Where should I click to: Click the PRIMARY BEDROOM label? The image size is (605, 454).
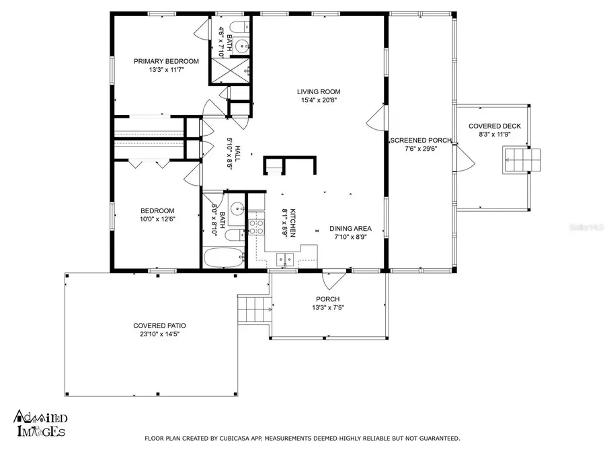159,61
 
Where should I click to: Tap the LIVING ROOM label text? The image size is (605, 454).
319,91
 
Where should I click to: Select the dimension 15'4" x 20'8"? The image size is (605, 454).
319,101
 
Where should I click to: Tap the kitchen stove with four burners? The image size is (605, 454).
256,227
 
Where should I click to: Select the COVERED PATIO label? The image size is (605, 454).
159,326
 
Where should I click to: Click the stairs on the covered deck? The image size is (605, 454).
518,161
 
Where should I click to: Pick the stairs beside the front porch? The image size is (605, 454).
254,309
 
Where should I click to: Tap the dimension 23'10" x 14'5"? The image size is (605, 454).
159,334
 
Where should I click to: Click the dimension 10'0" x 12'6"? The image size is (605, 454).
157,219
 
